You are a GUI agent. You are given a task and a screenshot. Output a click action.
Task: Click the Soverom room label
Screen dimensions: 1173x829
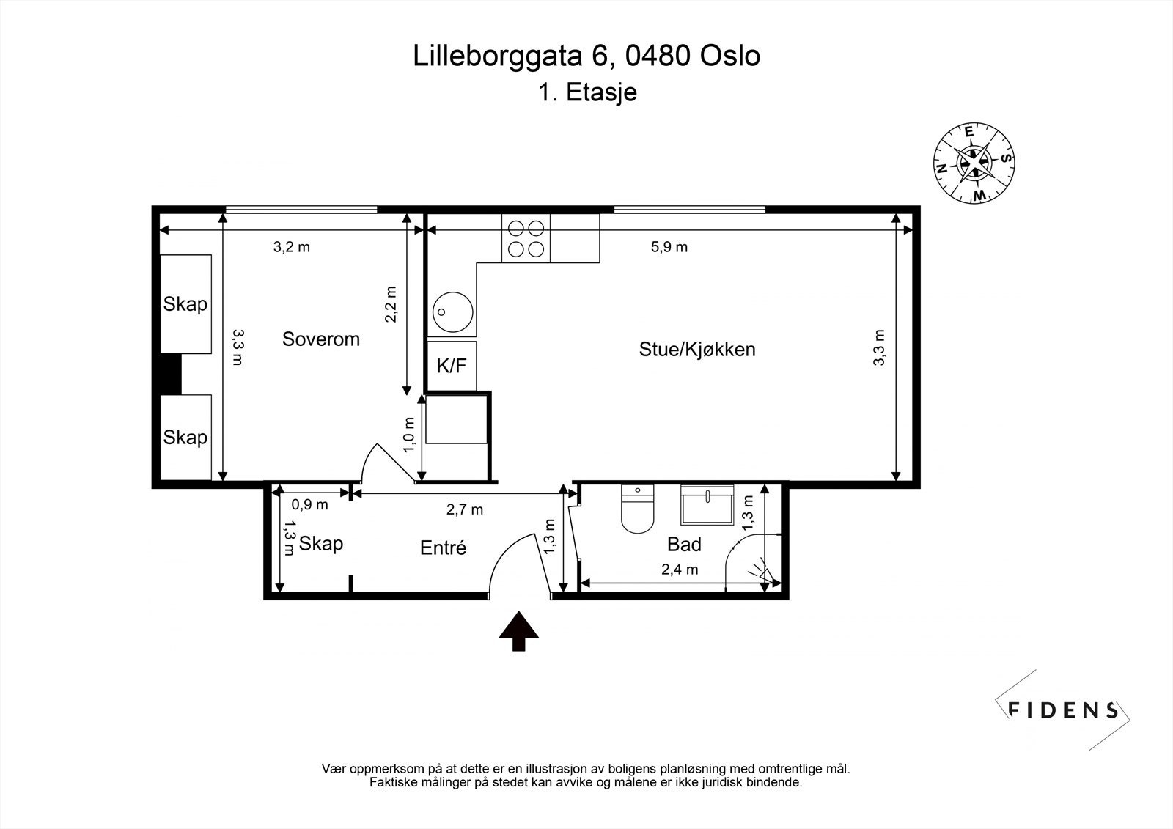[321, 339]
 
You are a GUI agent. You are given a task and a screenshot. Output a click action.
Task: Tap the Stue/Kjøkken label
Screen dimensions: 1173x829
[697, 350]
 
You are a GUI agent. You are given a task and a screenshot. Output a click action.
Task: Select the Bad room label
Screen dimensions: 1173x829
[684, 545]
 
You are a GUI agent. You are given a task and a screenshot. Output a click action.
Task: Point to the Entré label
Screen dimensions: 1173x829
[443, 548]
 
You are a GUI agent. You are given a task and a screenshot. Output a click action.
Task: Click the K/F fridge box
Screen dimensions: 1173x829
[452, 366]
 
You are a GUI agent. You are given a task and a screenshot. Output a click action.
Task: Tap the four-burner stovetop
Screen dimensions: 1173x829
[526, 238]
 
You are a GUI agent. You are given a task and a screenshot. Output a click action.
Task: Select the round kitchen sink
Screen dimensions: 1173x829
[452, 312]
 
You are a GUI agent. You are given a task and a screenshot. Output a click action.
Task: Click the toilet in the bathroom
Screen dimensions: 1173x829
[637, 509]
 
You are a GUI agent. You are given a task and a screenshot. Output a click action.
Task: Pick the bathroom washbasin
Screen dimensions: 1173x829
[707, 505]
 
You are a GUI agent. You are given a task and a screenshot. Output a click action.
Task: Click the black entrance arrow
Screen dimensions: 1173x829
[518, 630]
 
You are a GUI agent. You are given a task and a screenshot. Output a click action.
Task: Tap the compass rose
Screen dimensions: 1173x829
[974, 163]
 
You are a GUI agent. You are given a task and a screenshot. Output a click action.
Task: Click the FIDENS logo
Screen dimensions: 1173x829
[1062, 710]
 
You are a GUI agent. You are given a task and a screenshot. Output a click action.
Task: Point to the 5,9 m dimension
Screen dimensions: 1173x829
[669, 247]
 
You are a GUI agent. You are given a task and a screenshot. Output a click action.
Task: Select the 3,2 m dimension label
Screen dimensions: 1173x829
[292, 247]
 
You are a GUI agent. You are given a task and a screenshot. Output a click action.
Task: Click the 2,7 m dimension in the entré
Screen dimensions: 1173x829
[465, 509]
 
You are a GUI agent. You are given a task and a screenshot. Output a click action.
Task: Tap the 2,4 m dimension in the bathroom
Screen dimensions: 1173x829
[680, 570]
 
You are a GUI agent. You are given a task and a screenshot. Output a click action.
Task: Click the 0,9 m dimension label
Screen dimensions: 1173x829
[309, 505]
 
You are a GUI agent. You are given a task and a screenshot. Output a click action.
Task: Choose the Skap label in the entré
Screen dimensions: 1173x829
[321, 544]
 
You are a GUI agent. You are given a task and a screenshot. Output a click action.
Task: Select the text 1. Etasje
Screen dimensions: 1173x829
[587, 92]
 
